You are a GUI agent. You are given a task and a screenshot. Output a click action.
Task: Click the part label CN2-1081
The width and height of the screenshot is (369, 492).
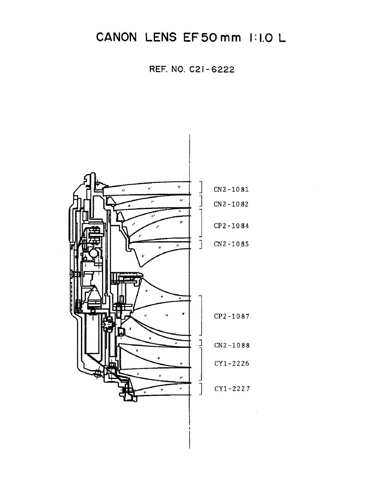pyautogui.click(x=231, y=190)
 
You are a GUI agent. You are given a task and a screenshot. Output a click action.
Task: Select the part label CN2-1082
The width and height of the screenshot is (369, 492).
pyautogui.click(x=231, y=204)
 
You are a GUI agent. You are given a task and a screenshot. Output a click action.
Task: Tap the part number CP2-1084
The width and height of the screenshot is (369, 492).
pyautogui.click(x=231, y=226)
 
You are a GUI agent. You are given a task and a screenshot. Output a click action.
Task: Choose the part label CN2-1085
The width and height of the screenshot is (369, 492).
pyautogui.click(x=231, y=244)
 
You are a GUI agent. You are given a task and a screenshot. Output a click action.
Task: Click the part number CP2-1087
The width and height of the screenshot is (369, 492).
pyautogui.click(x=231, y=316)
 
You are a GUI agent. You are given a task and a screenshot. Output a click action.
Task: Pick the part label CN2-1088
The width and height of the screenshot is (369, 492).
pyautogui.click(x=231, y=345)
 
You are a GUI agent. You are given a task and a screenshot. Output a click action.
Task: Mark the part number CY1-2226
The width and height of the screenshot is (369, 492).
pyautogui.click(x=231, y=364)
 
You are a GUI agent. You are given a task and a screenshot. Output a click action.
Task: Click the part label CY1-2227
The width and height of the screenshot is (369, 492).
pyautogui.click(x=231, y=389)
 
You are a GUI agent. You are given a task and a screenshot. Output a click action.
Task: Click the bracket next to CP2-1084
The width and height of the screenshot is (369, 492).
pyautogui.click(x=201, y=223)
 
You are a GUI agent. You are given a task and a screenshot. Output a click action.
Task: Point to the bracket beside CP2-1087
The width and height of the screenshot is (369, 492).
pyautogui.click(x=201, y=316)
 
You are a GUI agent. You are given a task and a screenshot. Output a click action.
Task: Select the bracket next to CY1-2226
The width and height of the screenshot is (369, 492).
pyautogui.click(x=201, y=364)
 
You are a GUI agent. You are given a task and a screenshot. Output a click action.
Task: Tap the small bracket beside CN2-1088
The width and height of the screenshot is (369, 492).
pyautogui.click(x=200, y=343)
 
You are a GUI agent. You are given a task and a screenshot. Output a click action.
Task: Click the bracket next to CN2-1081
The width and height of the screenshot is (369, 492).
pyautogui.click(x=201, y=187)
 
